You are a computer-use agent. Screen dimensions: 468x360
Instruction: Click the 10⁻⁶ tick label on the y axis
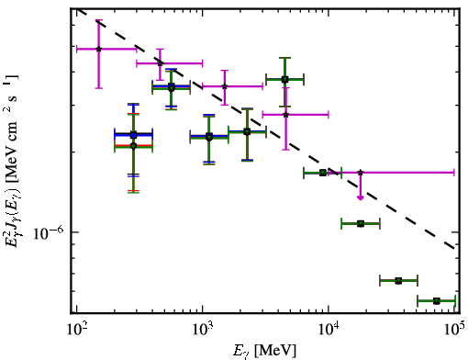49,233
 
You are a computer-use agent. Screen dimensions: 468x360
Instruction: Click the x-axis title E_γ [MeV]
264,351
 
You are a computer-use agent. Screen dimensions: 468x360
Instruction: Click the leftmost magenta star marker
98,49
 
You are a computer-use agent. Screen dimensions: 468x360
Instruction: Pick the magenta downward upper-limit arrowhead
361,197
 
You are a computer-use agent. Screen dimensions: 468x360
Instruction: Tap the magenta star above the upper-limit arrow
361,173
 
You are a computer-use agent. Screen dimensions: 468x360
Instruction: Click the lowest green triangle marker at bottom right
437,301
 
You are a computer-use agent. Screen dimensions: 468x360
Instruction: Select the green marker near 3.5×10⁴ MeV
398,281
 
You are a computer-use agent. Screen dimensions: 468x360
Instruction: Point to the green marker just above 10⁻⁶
361,224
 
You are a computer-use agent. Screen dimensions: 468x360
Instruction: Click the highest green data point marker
284,80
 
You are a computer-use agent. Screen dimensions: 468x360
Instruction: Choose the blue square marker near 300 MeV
133,135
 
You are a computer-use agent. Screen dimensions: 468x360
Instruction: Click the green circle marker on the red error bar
133,146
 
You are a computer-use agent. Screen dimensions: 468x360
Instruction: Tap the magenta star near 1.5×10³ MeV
225,86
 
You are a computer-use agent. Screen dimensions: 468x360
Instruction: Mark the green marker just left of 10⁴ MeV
323,173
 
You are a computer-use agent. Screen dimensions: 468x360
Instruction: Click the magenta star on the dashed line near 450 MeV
160,63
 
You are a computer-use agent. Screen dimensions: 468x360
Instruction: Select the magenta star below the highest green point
285,115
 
